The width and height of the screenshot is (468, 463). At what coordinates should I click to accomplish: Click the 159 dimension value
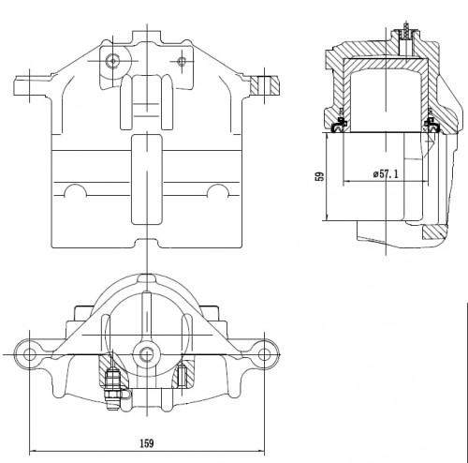coord(147,443)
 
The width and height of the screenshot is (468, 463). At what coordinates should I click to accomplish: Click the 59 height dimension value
coord(320,176)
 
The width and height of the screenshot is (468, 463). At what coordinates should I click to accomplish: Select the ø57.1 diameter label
coord(386,173)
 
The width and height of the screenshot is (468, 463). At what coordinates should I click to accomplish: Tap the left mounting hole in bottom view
coord(29,354)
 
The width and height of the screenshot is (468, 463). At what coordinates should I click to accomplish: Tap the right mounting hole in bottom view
coord(264,354)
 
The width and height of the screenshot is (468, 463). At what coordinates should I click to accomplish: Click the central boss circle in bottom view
coord(147,355)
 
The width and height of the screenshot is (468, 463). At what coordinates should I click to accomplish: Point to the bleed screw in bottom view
coord(113,389)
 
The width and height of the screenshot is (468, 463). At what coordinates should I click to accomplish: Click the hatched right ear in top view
coord(264,85)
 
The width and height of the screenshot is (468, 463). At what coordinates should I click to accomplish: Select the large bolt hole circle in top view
coord(112,61)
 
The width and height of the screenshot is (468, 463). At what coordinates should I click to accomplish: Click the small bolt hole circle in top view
coord(182,61)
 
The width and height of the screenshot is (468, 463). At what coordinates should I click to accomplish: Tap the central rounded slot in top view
coord(147,179)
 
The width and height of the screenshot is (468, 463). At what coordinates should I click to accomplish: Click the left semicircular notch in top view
coord(75,190)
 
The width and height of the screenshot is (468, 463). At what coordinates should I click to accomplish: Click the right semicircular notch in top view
coord(218,190)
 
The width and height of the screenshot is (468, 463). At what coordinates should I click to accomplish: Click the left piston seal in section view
coord(339,125)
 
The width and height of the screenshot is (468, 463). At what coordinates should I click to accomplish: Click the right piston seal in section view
coord(431,125)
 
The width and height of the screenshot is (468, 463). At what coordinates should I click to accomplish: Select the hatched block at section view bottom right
coord(434,232)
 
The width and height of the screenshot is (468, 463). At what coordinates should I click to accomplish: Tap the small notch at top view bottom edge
coord(147,243)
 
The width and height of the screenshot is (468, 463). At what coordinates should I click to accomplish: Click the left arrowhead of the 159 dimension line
coord(32,451)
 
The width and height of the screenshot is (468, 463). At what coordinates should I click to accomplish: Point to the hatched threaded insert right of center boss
coord(182,377)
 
